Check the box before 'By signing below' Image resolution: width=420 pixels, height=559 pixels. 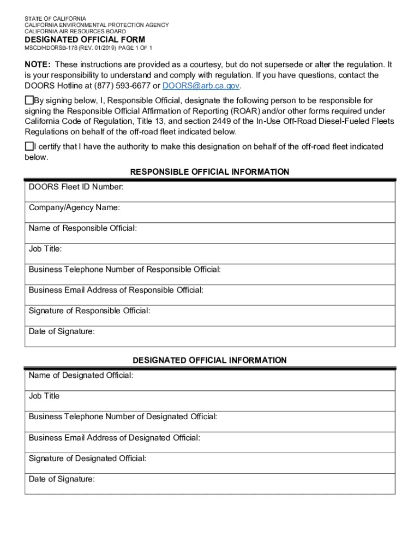(29, 100)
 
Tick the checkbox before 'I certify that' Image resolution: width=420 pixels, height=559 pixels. (29, 146)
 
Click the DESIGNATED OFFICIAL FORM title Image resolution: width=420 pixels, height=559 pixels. (85, 39)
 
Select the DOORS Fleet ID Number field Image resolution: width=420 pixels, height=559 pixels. (210, 192)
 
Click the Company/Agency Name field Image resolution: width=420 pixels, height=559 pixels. (210, 212)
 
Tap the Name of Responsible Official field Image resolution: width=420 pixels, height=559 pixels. (210, 233)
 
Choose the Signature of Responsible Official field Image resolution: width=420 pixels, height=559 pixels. (210, 316)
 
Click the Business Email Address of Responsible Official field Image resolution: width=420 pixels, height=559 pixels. (210, 295)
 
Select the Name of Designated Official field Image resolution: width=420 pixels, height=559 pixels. (210, 380)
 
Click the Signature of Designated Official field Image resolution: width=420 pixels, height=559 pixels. (210, 463)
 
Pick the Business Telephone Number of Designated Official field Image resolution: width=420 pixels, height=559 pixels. (210, 421)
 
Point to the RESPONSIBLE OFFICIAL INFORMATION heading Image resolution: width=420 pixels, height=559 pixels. (210, 172)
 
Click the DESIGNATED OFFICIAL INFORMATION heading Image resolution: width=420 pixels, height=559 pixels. (210, 360)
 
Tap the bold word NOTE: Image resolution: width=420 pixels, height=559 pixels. (38, 64)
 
